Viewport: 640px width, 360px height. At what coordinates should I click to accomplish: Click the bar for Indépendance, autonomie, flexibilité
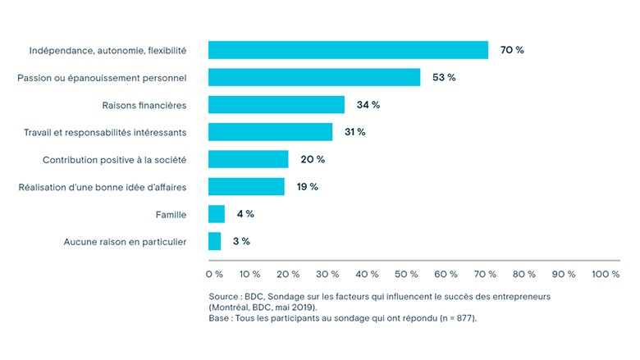click(348, 50)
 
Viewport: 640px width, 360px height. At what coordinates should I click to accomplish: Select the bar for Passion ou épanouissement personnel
click(314, 77)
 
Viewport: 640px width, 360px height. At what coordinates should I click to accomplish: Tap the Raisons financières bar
click(277, 105)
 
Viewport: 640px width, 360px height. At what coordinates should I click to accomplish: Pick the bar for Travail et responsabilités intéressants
click(271, 132)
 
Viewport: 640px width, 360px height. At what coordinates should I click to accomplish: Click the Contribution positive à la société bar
click(249, 159)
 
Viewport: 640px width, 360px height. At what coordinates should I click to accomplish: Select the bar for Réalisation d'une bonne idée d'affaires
click(246, 186)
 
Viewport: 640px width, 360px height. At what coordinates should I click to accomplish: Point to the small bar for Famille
click(217, 214)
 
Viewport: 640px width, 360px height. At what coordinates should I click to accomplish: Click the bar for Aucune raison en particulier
click(215, 241)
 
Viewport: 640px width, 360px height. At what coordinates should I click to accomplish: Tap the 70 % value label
click(512, 50)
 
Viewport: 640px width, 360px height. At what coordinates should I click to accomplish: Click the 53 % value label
click(445, 77)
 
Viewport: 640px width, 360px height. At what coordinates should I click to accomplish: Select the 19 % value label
click(308, 186)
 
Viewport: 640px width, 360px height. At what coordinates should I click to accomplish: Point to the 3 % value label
click(240, 241)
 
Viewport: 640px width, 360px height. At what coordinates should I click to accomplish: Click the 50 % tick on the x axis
click(408, 274)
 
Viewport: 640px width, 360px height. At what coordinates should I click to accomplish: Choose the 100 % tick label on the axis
click(605, 274)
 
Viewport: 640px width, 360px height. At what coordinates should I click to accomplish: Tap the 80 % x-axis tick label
click(526, 274)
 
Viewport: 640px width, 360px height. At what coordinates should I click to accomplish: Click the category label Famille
click(171, 214)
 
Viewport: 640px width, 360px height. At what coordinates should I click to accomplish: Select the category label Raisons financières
click(144, 105)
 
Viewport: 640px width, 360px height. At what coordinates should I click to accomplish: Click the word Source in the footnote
click(224, 295)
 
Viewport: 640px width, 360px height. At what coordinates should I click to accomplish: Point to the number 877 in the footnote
click(460, 317)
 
